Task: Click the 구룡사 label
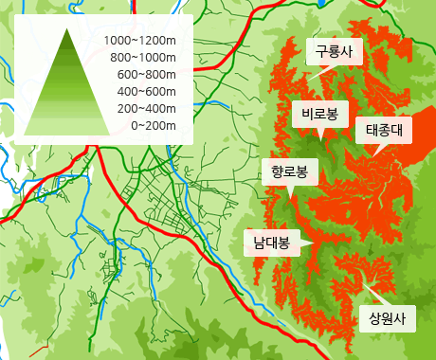click(x=333, y=52)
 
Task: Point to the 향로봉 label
click(x=289, y=171)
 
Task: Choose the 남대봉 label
click(x=271, y=242)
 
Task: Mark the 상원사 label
click(x=387, y=318)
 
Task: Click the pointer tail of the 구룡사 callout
click(x=324, y=69)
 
